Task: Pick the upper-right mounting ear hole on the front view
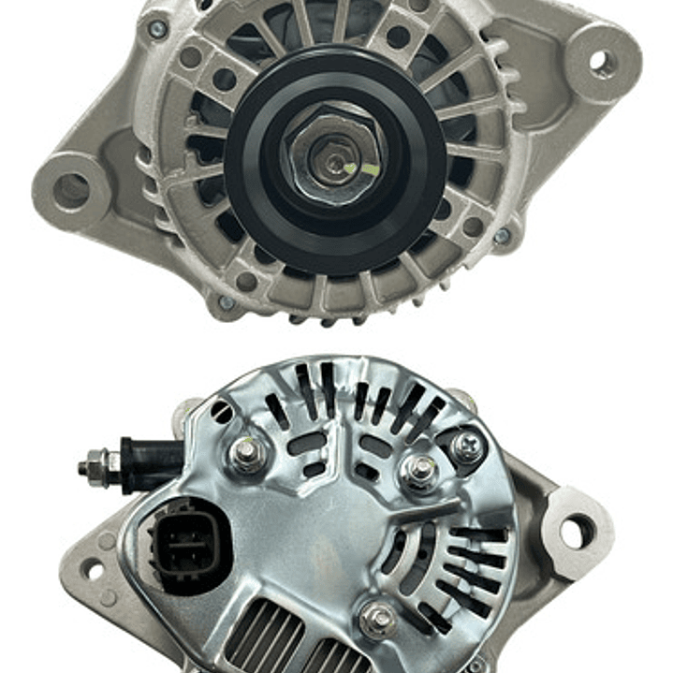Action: click(x=599, y=61)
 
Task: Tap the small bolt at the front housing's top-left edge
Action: click(x=156, y=30)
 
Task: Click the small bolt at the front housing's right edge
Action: click(x=503, y=236)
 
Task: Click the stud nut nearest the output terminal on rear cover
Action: click(x=246, y=454)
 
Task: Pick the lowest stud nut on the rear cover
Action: click(x=377, y=619)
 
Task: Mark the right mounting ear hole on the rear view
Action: click(x=576, y=532)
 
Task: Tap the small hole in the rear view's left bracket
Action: click(x=92, y=568)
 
